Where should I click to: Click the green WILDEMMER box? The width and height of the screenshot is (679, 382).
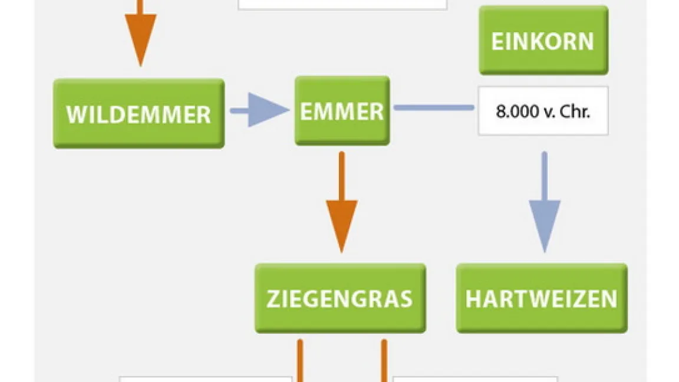139,113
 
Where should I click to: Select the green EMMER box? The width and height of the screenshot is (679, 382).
342,111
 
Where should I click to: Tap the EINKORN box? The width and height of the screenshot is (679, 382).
543,41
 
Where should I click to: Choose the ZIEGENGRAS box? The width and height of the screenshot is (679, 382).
339,298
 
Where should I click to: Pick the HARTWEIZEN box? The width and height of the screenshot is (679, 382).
542,298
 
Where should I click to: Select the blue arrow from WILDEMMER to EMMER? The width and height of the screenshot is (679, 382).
259,110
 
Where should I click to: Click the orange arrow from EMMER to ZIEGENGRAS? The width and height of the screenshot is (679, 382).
342,203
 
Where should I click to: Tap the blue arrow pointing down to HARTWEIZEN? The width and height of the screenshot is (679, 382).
544,203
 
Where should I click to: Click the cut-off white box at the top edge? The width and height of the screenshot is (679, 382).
342,5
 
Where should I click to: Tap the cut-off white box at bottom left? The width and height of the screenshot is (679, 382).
206,378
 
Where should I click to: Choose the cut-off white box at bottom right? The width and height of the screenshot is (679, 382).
475,378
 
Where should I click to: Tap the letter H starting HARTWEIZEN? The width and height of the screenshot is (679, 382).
473,299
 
